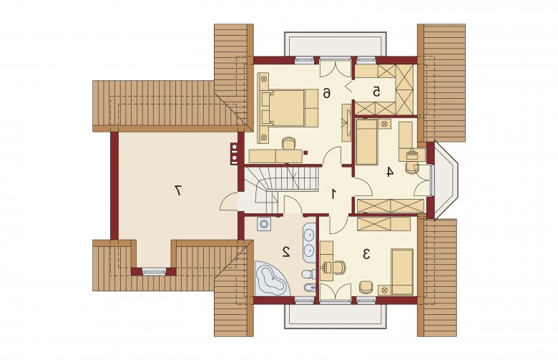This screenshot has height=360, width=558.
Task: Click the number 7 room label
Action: point(178,190)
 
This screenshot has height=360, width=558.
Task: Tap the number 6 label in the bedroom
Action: point(326,93)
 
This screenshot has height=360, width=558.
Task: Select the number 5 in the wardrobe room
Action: point(376,92)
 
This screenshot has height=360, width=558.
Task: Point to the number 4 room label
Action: point(390,172)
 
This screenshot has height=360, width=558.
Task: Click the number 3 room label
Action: point(366,254)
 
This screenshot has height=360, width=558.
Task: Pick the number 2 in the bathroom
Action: point(285,251)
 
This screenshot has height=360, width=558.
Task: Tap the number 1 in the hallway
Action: point(334,194)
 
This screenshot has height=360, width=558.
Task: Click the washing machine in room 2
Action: point(264,224)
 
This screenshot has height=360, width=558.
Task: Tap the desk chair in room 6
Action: point(288,144)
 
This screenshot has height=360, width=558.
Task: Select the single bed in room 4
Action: point(366,142)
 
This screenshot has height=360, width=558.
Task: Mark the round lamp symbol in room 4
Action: point(384,125)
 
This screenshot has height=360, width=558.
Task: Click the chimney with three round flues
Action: point(234,154)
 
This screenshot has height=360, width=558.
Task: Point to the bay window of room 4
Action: point(444,180)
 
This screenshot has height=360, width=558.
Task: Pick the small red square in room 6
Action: point(305,152)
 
